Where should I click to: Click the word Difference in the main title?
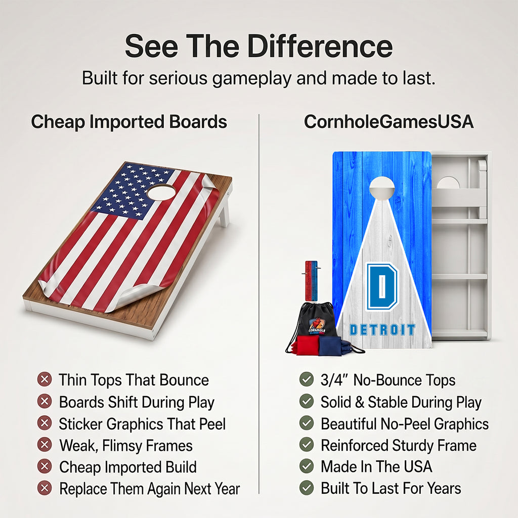coord(320,46)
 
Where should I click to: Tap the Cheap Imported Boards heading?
coord(129,122)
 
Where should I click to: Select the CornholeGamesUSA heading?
coord(388,121)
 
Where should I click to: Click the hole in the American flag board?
coord(161,192)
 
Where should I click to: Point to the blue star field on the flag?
coord(132,192)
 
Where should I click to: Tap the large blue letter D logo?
coord(381,286)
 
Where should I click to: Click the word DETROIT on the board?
coord(382,330)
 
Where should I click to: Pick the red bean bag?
coord(307,345)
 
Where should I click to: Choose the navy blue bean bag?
coord(332,346)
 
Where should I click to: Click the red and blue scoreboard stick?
coord(311,281)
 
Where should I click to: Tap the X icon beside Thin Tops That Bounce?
coord(45,379)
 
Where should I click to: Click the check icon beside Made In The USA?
coord(307,466)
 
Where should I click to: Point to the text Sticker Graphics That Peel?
coord(142,424)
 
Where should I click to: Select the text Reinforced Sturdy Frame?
coord(399,446)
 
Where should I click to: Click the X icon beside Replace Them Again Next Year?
coord(45,488)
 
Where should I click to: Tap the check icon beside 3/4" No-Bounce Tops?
coord(307,379)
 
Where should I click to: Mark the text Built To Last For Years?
coord(391,488)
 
